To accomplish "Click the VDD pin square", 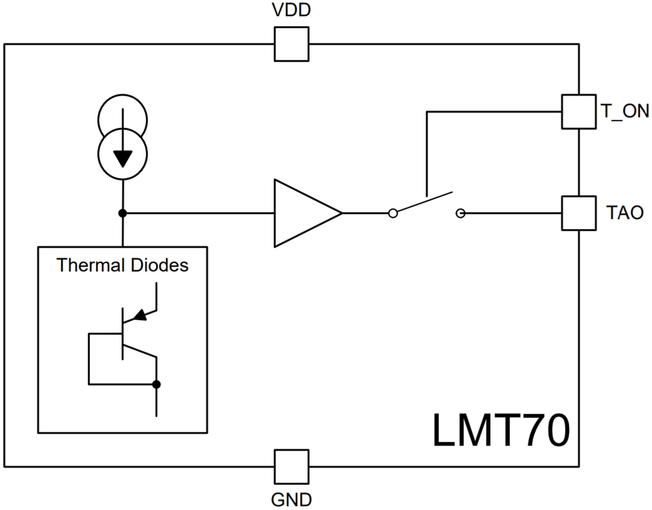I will (x=291, y=44).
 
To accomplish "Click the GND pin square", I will (x=291, y=466).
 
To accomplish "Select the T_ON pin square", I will (x=579, y=111).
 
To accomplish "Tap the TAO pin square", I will (x=579, y=213).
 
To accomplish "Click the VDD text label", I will (x=292, y=11).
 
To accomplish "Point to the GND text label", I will (x=291, y=500).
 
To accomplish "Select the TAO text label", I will (x=625, y=213).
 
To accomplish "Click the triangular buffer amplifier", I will (x=302, y=213).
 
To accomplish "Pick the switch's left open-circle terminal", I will (x=392, y=213).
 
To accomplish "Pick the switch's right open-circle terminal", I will (x=461, y=213).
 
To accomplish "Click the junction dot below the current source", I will (x=123, y=213).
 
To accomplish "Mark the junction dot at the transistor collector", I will (x=156, y=384).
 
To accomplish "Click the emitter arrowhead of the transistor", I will (x=140, y=315).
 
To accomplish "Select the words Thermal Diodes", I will (x=123, y=265).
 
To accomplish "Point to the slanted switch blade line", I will (x=426, y=202).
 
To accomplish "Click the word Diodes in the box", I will (x=158, y=265).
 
